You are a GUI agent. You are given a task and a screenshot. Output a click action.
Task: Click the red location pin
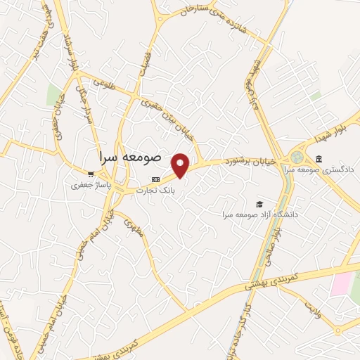[x=181, y=165]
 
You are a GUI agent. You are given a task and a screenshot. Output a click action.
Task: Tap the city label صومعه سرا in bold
[x=131, y=156]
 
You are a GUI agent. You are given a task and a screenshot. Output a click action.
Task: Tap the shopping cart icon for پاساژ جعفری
[x=90, y=174]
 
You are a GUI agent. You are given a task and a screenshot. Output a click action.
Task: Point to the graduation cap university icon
[x=259, y=202]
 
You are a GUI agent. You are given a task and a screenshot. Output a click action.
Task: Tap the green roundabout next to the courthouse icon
[x=297, y=156]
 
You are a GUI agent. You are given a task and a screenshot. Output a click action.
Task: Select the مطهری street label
[x=133, y=228]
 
